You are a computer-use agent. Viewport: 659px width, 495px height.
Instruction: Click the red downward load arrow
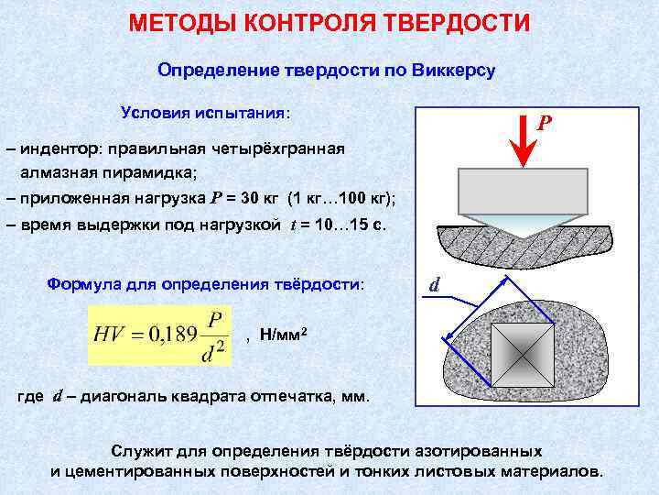point(522,142)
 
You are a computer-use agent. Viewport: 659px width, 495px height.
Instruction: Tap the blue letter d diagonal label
point(437,285)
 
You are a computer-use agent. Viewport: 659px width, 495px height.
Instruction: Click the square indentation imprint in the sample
point(523,353)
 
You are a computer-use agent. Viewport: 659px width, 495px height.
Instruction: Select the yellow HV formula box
point(164,335)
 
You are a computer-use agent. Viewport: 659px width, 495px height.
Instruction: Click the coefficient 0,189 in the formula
point(168,335)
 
